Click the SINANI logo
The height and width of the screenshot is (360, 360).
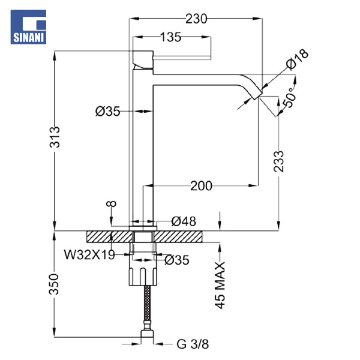tap(28, 27)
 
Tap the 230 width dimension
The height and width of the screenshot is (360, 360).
tap(196, 19)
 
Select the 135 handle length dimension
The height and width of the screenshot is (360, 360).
tap(170, 37)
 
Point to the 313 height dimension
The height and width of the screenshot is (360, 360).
tap(55, 137)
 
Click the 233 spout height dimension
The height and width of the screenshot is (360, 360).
tap(279, 161)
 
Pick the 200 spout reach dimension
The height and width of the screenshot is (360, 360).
tap(201, 186)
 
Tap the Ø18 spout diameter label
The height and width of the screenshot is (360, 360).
tap(298, 59)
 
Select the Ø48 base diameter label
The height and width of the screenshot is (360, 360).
tap(184, 221)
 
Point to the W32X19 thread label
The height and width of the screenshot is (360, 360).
tap(89, 254)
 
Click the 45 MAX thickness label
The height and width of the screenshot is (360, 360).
tap(220, 286)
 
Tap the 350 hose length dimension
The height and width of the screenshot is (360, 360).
tap(54, 284)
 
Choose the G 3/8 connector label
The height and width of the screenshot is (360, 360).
tap(193, 344)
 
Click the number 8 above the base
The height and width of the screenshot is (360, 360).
tap(111, 203)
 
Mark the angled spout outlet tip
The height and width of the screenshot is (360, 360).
tap(258, 96)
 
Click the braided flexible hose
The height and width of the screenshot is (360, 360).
tap(147, 304)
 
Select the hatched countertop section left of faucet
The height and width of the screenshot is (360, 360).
tap(110, 237)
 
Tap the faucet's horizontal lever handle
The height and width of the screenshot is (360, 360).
tap(182, 58)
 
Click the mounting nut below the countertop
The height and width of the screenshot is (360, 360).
tap(143, 276)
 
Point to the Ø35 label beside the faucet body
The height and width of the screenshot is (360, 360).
tap(107, 112)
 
